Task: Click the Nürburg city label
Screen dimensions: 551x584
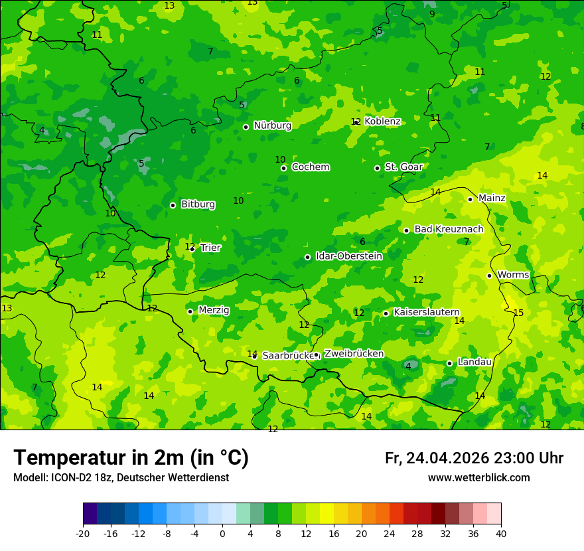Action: pyautogui.click(x=272, y=125)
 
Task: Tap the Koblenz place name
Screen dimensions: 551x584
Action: pyautogui.click(x=383, y=121)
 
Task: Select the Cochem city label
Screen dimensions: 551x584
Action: pyautogui.click(x=310, y=167)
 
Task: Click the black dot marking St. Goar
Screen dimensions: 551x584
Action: pyautogui.click(x=377, y=168)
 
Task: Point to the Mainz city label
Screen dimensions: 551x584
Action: pyautogui.click(x=492, y=198)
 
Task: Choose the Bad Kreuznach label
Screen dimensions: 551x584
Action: pyautogui.click(x=449, y=230)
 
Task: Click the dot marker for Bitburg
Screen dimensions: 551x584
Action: pyautogui.click(x=173, y=205)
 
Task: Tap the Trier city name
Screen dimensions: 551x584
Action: pyautogui.click(x=210, y=248)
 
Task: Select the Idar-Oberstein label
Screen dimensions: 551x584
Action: pyautogui.click(x=348, y=256)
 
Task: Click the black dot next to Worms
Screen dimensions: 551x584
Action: pyautogui.click(x=489, y=275)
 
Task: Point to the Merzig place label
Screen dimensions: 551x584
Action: pyautogui.click(x=214, y=311)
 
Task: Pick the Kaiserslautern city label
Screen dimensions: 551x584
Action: pyautogui.click(x=426, y=313)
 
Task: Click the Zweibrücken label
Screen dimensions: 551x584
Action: pyautogui.click(x=354, y=354)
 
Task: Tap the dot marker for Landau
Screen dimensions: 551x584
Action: pyautogui.click(x=449, y=363)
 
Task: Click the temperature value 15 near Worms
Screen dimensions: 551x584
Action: pyautogui.click(x=518, y=313)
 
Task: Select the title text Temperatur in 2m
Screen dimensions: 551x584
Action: pyautogui.click(x=131, y=457)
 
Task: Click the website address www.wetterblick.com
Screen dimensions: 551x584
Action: pyautogui.click(x=478, y=478)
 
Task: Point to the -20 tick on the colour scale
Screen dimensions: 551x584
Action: pyautogui.click(x=83, y=533)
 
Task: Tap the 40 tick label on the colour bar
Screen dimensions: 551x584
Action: pyautogui.click(x=500, y=533)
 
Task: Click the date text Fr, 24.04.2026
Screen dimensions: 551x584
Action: pyautogui.click(x=437, y=458)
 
